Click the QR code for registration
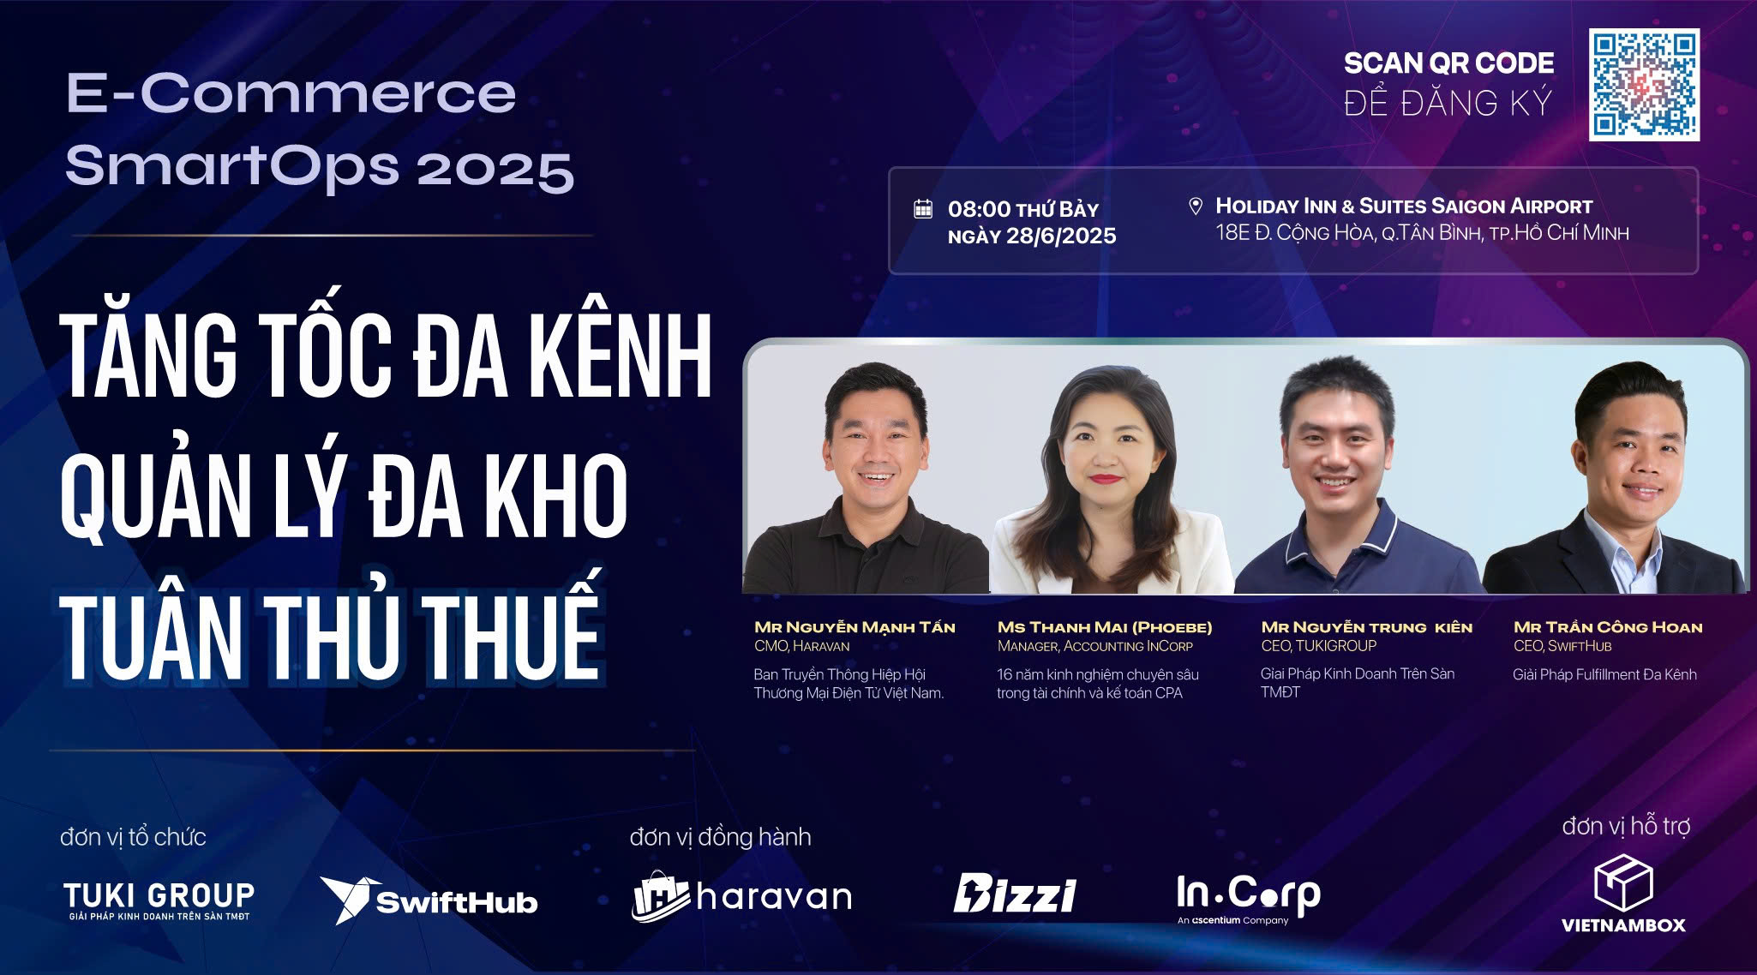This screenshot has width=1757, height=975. click(1644, 84)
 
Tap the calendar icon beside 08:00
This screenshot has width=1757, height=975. click(923, 208)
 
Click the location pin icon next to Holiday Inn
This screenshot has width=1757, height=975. click(1196, 206)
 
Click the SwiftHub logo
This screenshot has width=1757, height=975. click(429, 900)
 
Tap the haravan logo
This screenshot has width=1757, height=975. click(742, 896)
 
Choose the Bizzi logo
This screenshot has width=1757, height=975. click(1015, 894)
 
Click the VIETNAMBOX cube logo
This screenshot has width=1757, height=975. click(1623, 893)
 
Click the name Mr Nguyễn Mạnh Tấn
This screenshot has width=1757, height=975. click(855, 627)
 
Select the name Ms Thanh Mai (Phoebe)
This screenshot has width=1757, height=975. click(1105, 627)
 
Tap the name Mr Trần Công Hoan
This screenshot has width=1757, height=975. click(1608, 627)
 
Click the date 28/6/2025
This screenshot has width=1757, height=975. click(1061, 236)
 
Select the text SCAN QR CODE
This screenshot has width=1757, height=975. click(1448, 63)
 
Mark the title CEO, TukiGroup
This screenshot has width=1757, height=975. click(1318, 646)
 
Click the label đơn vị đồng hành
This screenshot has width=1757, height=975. click(720, 836)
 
